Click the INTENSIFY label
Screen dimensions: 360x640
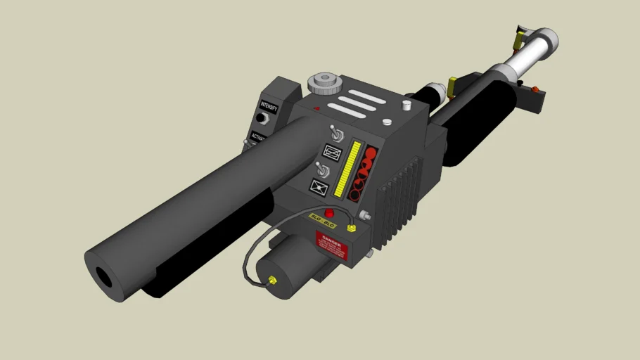(268, 110)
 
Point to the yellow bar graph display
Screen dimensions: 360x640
(347, 169)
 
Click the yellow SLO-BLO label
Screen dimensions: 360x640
(324, 224)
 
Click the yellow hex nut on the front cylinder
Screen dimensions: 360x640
(272, 281)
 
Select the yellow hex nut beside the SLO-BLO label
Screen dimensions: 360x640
(352, 228)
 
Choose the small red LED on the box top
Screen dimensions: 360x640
(317, 108)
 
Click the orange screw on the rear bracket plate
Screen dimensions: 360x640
(535, 89)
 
